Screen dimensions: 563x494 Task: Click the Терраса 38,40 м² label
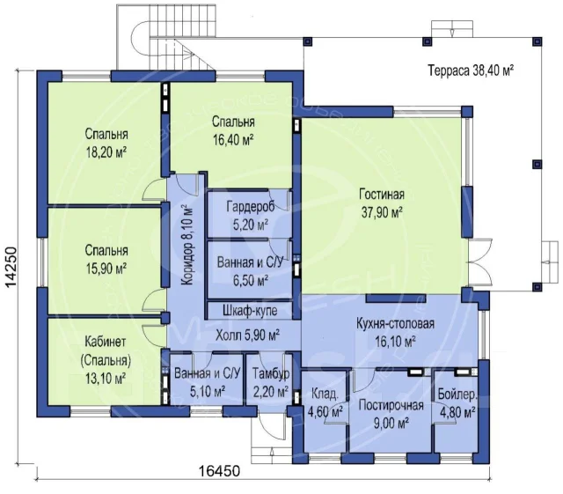[471, 70]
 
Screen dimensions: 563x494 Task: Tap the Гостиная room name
[382, 195]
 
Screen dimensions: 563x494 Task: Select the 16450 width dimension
[219, 470]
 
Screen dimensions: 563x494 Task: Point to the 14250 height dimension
[11, 267]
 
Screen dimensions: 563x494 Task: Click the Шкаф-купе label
[250, 310]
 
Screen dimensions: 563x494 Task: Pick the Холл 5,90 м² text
[248, 335]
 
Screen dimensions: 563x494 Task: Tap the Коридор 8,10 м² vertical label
[187, 246]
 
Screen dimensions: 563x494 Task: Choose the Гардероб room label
[251, 207]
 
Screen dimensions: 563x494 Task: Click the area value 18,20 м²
[106, 153]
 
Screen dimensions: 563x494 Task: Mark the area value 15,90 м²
[106, 269]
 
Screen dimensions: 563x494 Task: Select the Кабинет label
[106, 342]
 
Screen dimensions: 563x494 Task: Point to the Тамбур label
[271, 374]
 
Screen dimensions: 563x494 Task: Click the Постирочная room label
[391, 406]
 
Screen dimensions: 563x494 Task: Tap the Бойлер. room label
[457, 394]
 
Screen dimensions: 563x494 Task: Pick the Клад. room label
[325, 394]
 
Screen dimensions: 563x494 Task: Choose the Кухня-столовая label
[395, 323]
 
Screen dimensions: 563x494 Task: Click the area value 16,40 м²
[233, 140]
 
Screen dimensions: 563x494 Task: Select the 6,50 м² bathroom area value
[251, 281]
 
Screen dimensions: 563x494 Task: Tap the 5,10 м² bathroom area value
[208, 391]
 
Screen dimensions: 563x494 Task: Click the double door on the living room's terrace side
[479, 262]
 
